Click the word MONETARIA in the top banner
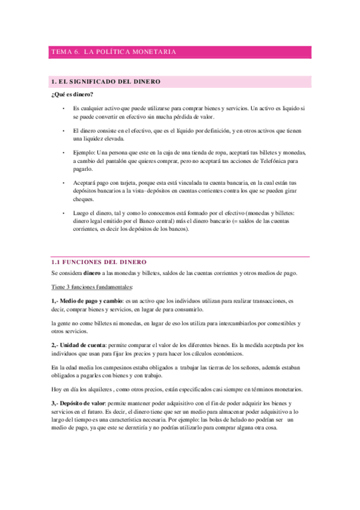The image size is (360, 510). click(154, 52)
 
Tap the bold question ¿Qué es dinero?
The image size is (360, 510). click(73, 94)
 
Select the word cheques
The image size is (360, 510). click(84, 199)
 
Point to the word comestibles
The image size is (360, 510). click(279, 323)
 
